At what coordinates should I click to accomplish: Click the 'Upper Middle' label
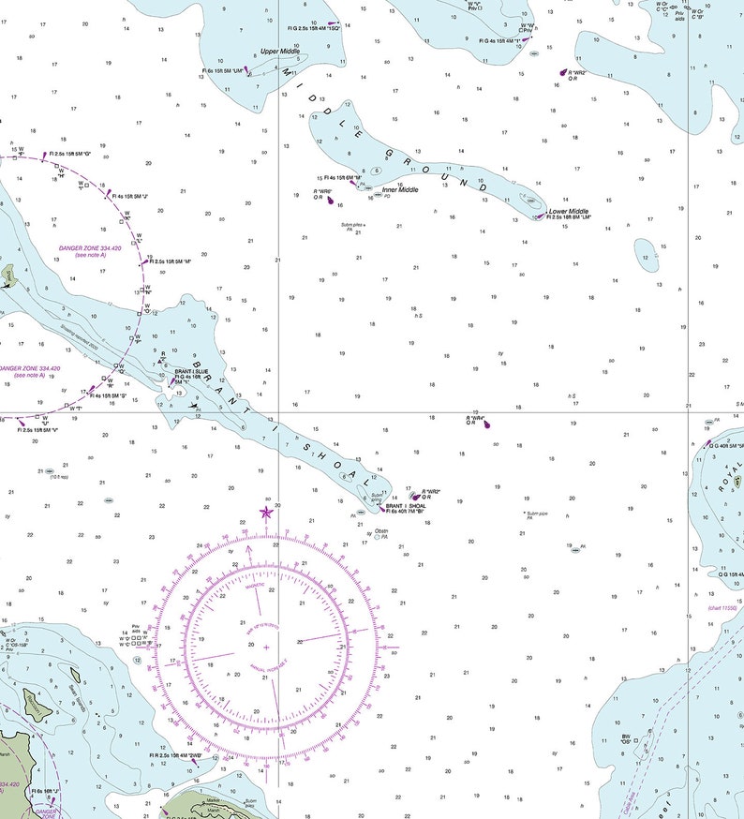coord(280,52)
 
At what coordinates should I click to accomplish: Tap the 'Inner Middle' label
coord(400,190)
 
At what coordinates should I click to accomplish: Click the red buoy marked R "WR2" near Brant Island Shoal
coord(415,497)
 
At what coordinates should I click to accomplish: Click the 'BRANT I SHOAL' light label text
coord(406,506)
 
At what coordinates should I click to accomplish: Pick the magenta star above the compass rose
coord(265,512)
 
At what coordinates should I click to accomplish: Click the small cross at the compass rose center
coord(266,648)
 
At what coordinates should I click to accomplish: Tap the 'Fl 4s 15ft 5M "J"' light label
coord(130,197)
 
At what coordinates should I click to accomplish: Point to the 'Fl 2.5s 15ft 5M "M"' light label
coord(172,261)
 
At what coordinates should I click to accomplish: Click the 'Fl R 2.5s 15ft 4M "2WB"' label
coord(176,755)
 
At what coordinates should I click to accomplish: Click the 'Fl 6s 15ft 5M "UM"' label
coord(222,70)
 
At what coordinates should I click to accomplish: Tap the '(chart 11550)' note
coord(724,608)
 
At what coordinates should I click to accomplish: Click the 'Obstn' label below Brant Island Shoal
coord(381,530)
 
